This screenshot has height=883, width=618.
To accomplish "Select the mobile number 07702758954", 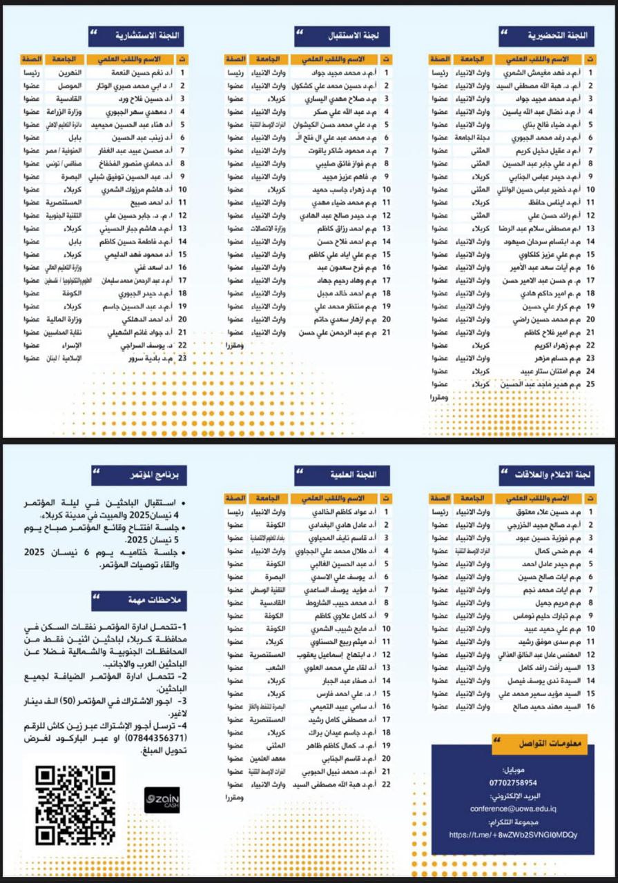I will point(512,783).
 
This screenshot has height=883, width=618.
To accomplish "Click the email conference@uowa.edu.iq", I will point(512,808).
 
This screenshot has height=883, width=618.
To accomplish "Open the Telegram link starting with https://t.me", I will point(512,835).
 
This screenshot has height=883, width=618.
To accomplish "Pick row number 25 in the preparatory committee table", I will point(590,384).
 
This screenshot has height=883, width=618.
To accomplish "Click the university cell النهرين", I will point(69,72).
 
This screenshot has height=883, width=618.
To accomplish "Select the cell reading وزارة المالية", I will point(68,319).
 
